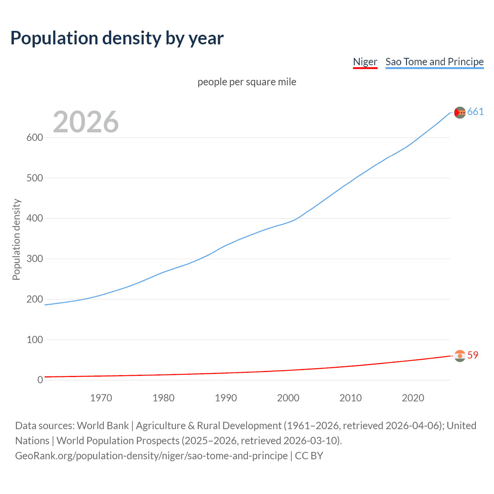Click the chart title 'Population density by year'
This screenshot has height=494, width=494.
pyautogui.click(x=117, y=38)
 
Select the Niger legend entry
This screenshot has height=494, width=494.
pyautogui.click(x=365, y=62)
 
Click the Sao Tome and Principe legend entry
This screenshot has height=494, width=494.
pyautogui.click(x=434, y=62)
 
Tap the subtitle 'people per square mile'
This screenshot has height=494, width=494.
pyautogui.click(x=247, y=82)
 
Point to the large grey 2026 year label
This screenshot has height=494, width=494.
pyautogui.click(x=86, y=122)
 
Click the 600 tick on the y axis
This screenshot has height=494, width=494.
pyautogui.click(x=34, y=138)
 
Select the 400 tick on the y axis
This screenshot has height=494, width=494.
pyautogui.click(x=34, y=218)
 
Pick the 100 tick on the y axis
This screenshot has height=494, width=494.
pyautogui.click(x=34, y=340)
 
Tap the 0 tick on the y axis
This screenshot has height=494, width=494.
pyautogui.click(x=40, y=380)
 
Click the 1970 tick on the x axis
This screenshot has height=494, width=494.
pyautogui.click(x=101, y=398)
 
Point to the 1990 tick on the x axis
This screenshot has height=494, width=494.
pyautogui.click(x=226, y=398)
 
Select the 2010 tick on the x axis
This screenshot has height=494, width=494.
pyautogui.click(x=350, y=398)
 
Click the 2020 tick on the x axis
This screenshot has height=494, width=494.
pyautogui.click(x=413, y=398)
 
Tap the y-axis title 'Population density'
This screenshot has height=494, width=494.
pyautogui.click(x=16, y=239)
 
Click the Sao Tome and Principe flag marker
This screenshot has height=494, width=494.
pyautogui.click(x=460, y=112)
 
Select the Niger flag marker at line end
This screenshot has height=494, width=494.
pyautogui.click(x=460, y=356)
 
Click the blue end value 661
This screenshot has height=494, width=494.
pyautogui.click(x=475, y=112)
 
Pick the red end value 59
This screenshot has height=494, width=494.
pyautogui.click(x=473, y=355)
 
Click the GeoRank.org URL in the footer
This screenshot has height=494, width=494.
pyautogui.click(x=151, y=456)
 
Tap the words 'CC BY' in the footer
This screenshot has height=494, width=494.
pyautogui.click(x=309, y=456)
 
